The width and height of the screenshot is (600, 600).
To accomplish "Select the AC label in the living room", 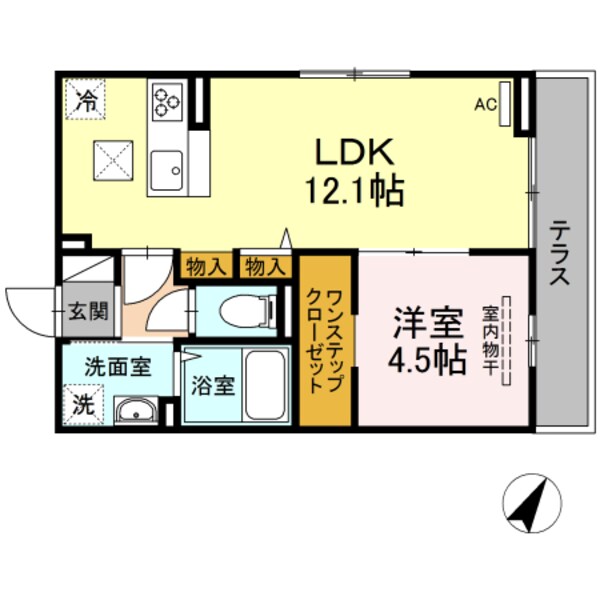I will [x=486, y=103].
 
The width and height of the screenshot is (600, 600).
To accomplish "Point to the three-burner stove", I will [x=165, y=100].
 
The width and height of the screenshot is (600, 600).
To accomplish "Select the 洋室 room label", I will [x=427, y=325].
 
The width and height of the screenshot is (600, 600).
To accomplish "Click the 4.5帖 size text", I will [x=428, y=360].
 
